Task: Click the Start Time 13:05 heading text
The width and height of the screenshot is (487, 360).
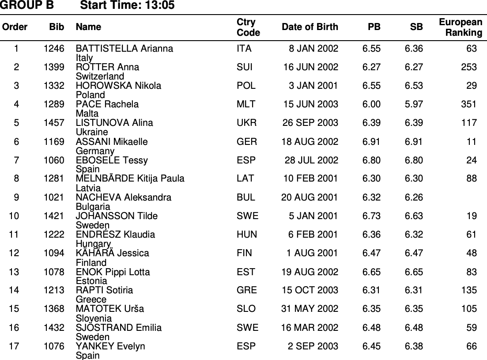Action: pos(128,5)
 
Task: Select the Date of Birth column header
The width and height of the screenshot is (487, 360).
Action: pos(310,27)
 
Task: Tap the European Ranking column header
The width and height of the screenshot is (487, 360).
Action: pos(461,27)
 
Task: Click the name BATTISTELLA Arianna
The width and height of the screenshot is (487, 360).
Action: pos(125,49)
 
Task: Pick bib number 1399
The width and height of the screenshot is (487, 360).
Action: pos(54,67)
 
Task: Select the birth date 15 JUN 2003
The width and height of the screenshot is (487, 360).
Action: pos(311,104)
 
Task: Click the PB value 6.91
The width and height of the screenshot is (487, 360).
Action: pos(371,142)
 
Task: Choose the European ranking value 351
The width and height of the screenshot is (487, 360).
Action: pos(468,104)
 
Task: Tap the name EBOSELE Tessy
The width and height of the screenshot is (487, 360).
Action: pos(112,160)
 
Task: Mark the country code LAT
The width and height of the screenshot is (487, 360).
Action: pos(245,179)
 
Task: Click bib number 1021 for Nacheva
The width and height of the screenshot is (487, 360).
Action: pos(54,197)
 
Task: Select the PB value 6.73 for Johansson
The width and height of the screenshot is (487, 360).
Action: pos(371,216)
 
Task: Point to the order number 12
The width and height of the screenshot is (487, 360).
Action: pos(14,253)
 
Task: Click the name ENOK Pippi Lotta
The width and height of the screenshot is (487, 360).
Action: pos(113,272)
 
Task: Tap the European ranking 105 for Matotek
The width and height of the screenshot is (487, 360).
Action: pos(468,309)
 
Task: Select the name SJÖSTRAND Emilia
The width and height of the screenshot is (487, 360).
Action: pos(119,328)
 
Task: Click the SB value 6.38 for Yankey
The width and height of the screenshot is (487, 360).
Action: pos(414,346)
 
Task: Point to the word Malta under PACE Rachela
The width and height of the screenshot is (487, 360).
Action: pos(87,114)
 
